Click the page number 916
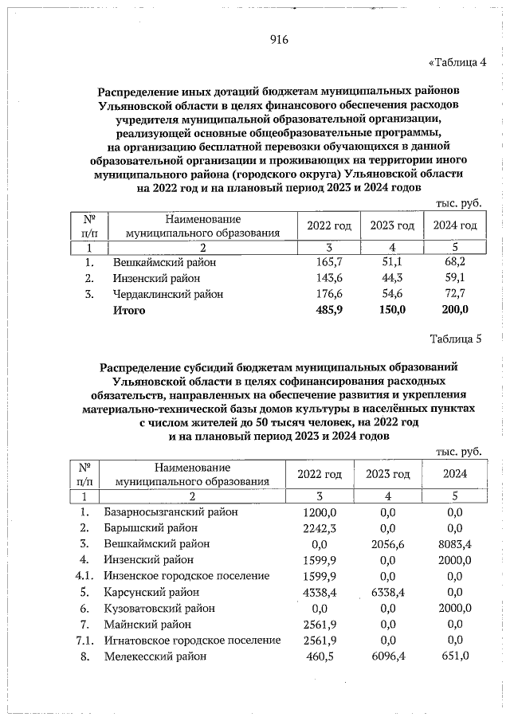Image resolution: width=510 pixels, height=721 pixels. pyautogui.click(x=278, y=41)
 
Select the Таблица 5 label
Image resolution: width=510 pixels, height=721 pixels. pyautogui.click(x=456, y=340)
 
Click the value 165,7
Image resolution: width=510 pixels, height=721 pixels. pyautogui.click(x=328, y=261)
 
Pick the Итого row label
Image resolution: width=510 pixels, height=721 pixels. pyautogui.click(x=129, y=310)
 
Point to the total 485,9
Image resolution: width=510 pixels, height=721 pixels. pyautogui.click(x=328, y=310)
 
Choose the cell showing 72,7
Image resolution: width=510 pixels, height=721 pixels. pyautogui.click(x=455, y=294)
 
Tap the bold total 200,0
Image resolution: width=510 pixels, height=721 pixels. pyautogui.click(x=455, y=310)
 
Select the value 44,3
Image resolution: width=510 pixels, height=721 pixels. pyautogui.click(x=392, y=278)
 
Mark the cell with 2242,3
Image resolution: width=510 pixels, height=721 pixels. pyautogui.click(x=321, y=527)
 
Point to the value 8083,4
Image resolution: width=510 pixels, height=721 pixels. pyautogui.click(x=455, y=543)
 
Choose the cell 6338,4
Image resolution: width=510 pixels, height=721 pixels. pyautogui.click(x=389, y=592)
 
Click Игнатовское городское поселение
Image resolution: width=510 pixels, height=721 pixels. pyautogui.click(x=192, y=640)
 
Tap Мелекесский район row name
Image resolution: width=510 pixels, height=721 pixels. pyautogui.click(x=155, y=656)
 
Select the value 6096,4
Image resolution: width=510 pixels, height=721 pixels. pyautogui.click(x=389, y=656)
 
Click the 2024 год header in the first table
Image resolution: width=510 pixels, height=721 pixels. pyautogui.click(x=455, y=226)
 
